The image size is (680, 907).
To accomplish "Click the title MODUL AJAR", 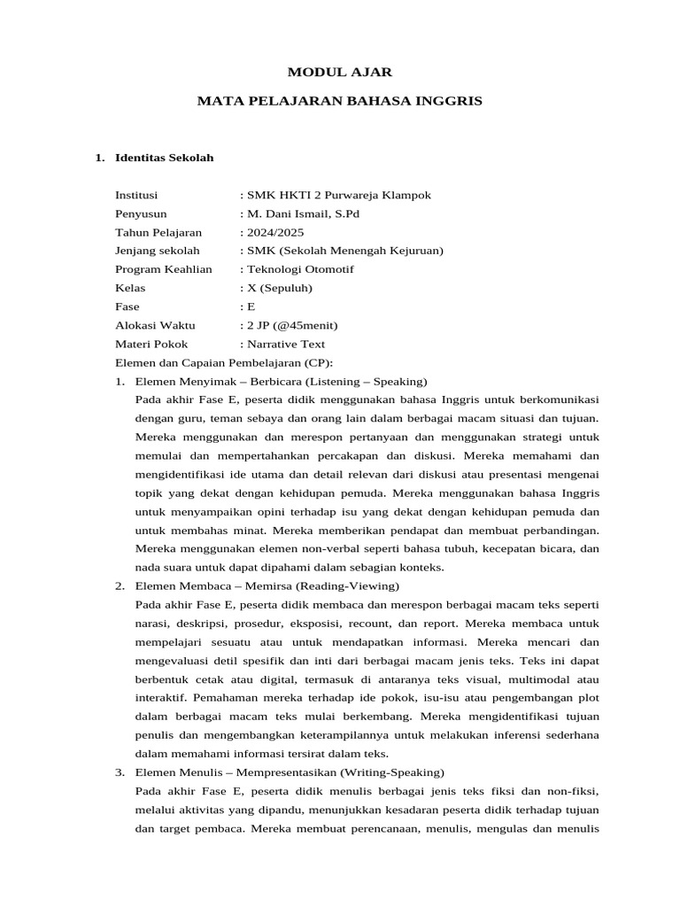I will [339, 72].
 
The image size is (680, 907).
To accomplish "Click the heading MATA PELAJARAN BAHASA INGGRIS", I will [339, 102].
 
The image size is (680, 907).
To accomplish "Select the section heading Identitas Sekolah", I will [165, 159].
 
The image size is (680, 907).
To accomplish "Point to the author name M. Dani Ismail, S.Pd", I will [302, 213].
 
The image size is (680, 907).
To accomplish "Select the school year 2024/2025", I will [274, 232].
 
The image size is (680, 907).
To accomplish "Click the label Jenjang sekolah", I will [158, 251].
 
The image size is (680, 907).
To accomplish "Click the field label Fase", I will [127, 306].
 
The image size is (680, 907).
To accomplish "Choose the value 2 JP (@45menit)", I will [291, 325].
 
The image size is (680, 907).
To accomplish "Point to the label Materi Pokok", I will [151, 344].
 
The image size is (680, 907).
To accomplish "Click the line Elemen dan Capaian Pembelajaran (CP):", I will [224, 363].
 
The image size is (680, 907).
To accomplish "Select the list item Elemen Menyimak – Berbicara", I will [281, 382].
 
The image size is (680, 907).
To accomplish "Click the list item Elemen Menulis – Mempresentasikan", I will [290, 772].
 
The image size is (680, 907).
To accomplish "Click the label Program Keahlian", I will [164, 269].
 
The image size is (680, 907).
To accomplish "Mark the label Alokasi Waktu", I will [155, 325].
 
